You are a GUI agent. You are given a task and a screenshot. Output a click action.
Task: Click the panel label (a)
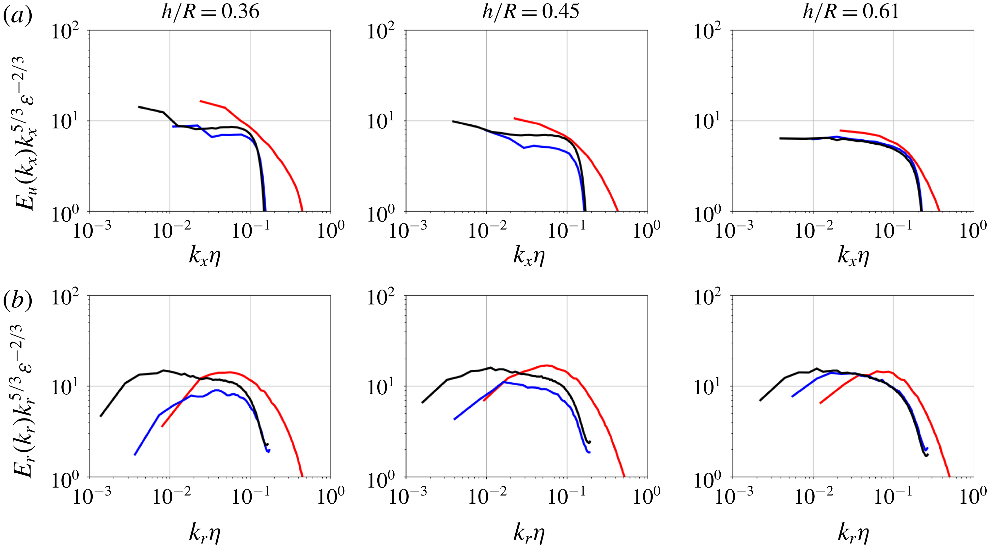[17, 16]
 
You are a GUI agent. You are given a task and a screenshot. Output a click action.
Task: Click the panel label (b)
[17, 300]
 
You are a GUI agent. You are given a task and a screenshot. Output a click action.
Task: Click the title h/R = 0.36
[210, 11]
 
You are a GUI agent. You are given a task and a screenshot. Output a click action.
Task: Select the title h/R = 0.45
[531, 11]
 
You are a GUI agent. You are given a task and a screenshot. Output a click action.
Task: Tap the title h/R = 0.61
[851, 11]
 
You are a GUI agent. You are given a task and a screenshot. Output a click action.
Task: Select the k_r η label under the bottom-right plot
[853, 533]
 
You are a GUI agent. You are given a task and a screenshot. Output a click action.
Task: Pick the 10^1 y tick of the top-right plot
[707, 122]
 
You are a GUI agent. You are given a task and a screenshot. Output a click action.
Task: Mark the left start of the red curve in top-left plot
[200, 101]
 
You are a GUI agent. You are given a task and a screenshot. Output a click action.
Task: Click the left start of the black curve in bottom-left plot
[101, 416]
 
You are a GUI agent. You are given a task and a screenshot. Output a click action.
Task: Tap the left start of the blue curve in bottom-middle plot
[454, 419]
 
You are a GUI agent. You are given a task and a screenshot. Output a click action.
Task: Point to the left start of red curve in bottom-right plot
[820, 403]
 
